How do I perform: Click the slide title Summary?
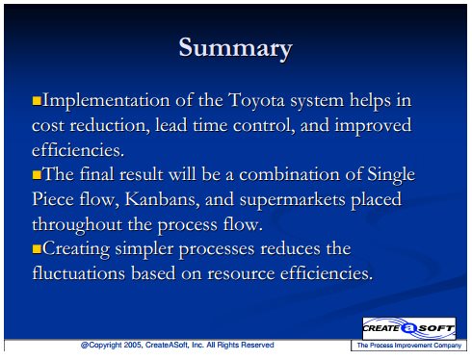click(x=235, y=48)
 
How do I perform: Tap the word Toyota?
click(x=256, y=101)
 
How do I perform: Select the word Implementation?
click(x=106, y=101)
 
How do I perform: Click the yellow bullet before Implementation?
click(x=37, y=100)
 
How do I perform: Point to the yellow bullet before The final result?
click(x=37, y=175)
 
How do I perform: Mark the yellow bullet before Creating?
click(x=37, y=249)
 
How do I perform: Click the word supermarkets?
click(x=292, y=200)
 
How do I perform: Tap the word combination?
click(x=289, y=175)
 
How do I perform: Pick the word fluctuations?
click(x=79, y=273)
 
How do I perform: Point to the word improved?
click(x=373, y=126)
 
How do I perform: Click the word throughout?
click(x=77, y=224)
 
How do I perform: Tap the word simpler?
click(x=144, y=249)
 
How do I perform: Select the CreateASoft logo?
click(x=409, y=328)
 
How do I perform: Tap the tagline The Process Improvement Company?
click(x=409, y=346)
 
